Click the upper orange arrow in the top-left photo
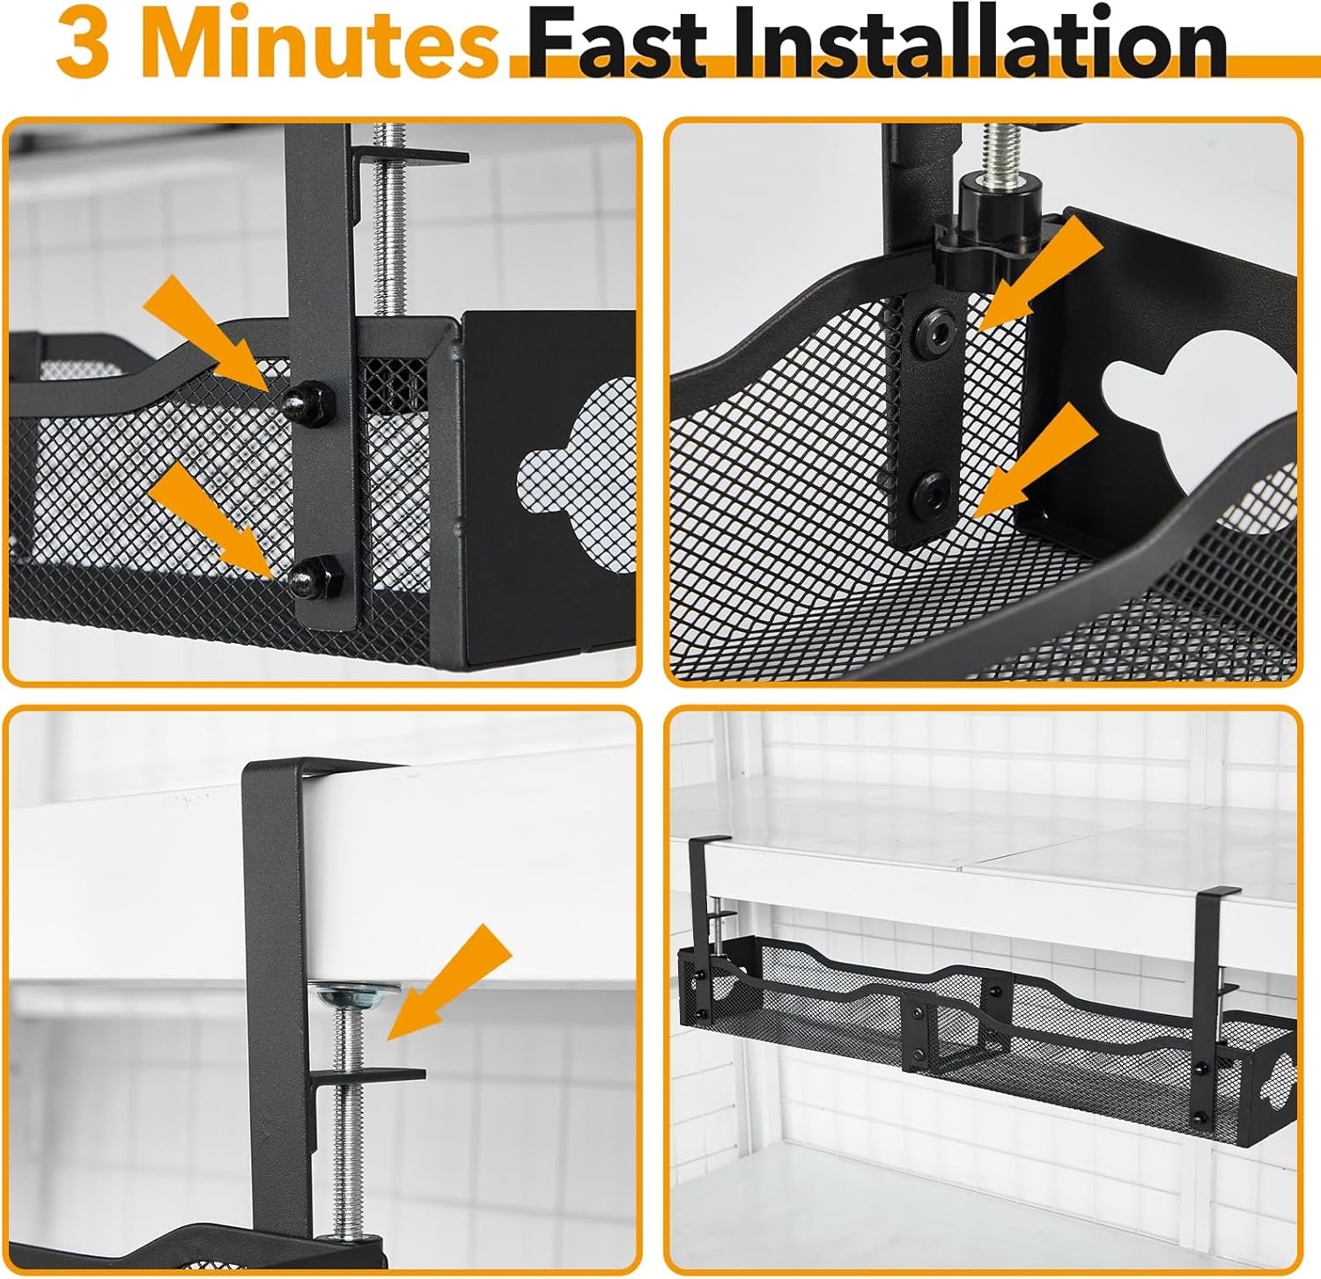pos(208,333)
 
